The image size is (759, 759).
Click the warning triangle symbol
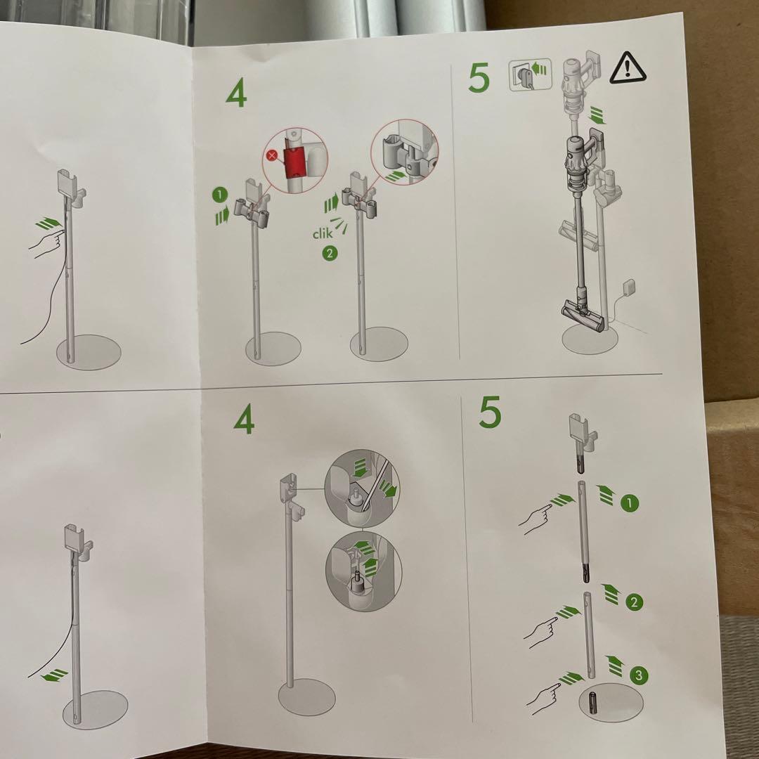coord(628,67)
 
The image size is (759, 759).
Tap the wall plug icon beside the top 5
coord(530,74)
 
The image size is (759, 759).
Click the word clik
coord(323,234)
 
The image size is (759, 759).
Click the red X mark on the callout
coord(272,156)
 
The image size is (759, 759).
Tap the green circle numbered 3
coord(638,675)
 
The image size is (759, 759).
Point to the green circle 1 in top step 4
coord(220,195)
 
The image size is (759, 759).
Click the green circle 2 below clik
coord(330,253)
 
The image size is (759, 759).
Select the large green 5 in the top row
coord(479,78)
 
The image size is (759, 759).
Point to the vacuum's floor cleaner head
coord(583,316)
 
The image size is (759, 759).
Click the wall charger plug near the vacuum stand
coord(629,288)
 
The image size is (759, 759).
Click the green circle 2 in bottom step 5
coord(634,603)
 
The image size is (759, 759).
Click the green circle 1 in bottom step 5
coord(629,503)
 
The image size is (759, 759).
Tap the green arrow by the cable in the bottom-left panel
coord(55,674)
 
